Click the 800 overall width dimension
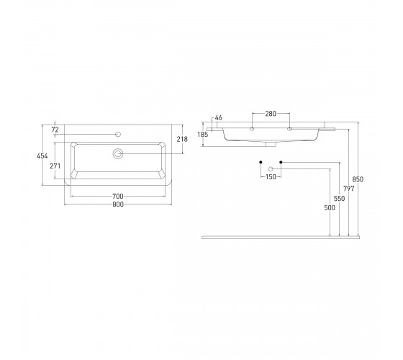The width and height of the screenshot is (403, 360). (x=118, y=204)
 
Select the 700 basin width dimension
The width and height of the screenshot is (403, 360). (x=118, y=197)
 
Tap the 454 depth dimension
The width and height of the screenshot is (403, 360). (x=42, y=156)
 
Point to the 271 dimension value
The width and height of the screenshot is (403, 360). (x=55, y=166)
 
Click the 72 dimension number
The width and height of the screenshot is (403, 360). (x=55, y=130)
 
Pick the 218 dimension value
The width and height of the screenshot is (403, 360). (x=182, y=139)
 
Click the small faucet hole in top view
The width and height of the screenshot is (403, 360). (x=118, y=134)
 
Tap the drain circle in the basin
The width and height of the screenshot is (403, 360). (x=118, y=154)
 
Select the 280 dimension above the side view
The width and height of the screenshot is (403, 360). (x=271, y=114)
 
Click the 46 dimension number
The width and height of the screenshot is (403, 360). (x=219, y=118)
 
